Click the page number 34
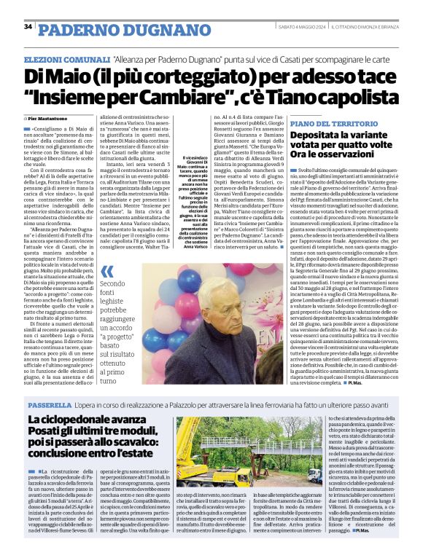click(x=28, y=27)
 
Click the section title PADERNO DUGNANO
click(x=105, y=28)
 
